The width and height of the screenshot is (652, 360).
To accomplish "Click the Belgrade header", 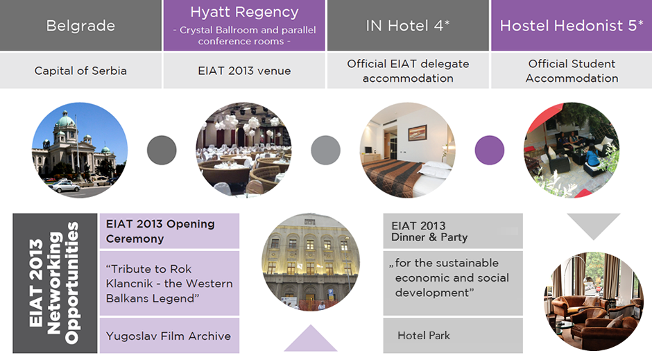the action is pyautogui.click(x=80, y=26).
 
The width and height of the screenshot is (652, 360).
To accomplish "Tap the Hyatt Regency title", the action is pyautogui.click(x=244, y=12).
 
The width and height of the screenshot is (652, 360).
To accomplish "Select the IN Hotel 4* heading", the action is pyautogui.click(x=408, y=26).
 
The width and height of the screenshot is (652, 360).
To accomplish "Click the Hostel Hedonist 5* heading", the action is pyautogui.click(x=572, y=26).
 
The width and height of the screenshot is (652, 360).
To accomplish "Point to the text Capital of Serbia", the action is pyautogui.click(x=80, y=71).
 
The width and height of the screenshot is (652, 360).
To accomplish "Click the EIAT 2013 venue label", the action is pyautogui.click(x=244, y=71).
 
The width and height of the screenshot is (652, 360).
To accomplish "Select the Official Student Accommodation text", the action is pyautogui.click(x=572, y=71).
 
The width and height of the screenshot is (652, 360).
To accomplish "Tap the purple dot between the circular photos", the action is pyautogui.click(x=490, y=150).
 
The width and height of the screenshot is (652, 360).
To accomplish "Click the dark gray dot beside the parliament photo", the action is pyautogui.click(x=162, y=150).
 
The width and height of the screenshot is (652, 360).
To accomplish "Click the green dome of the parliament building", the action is pyautogui.click(x=65, y=121).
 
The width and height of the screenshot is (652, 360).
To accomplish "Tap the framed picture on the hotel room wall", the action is pyautogui.click(x=417, y=133).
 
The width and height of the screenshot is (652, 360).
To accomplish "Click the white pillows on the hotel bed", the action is pyautogui.click(x=434, y=169).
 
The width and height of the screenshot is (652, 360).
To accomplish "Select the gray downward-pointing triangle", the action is pyautogui.click(x=593, y=223).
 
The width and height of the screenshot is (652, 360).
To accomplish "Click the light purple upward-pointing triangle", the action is pyautogui.click(x=310, y=341).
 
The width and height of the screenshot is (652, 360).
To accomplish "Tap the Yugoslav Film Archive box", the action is pyautogui.click(x=169, y=336).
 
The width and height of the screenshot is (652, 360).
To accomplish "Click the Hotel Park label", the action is pyautogui.click(x=424, y=336).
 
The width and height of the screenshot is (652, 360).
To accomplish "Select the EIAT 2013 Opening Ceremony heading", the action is pyautogui.click(x=160, y=231).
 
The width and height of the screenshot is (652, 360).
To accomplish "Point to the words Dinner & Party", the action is pyautogui.click(x=429, y=237).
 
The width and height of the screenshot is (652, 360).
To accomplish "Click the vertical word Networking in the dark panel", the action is pyautogui.click(x=54, y=283).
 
